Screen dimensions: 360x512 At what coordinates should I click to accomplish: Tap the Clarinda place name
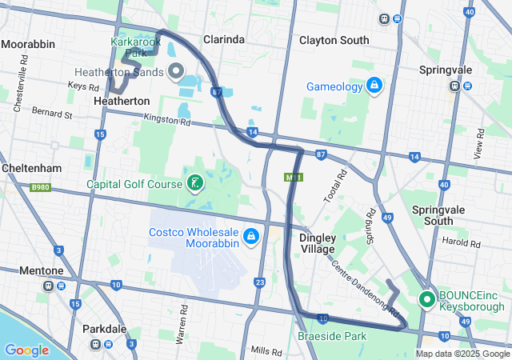pyautogui.click(x=223, y=38)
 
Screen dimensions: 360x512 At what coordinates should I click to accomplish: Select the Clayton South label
pyautogui.click(x=334, y=40)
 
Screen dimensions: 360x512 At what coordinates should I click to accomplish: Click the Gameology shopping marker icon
pyautogui.click(x=374, y=84)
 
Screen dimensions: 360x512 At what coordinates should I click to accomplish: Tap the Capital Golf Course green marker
pyautogui.click(x=194, y=184)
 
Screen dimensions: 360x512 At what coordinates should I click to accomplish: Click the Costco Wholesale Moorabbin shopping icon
pyautogui.click(x=251, y=236)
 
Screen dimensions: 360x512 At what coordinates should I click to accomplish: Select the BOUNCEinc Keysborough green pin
pyautogui.click(x=426, y=299)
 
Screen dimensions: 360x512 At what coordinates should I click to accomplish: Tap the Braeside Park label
pyautogui.click(x=332, y=337)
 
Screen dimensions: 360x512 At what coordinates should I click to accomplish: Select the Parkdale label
pyautogui.click(x=104, y=329)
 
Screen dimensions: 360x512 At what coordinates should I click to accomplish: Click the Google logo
pyautogui.click(x=26, y=350)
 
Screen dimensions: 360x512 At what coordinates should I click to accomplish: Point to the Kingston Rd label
pyautogui.click(x=167, y=122)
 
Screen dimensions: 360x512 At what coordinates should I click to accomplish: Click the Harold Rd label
pyautogui.click(x=465, y=242)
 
